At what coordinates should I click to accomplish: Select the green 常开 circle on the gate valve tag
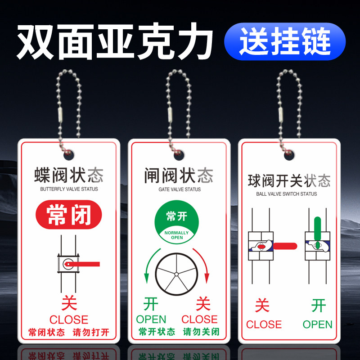pyautogui.click(x=176, y=221)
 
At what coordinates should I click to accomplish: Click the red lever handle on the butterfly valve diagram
pyautogui.click(x=88, y=263)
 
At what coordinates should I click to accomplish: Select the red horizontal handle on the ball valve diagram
pyautogui.click(x=285, y=246)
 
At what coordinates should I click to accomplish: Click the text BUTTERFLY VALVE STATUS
pyautogui.click(x=69, y=189)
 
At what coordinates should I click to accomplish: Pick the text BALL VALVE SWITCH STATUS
pyautogui.click(x=286, y=194)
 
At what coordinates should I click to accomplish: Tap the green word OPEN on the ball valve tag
pyautogui.click(x=318, y=324)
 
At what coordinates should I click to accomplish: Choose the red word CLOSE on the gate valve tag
pyautogui.click(x=200, y=319)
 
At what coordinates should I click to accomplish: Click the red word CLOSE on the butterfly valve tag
pyautogui.click(x=69, y=320)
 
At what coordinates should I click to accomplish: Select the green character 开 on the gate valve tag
pyautogui.click(x=151, y=304)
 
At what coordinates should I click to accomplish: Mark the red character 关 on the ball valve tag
pyautogui.click(x=262, y=306)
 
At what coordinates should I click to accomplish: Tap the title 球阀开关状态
pyautogui.click(x=289, y=181)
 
